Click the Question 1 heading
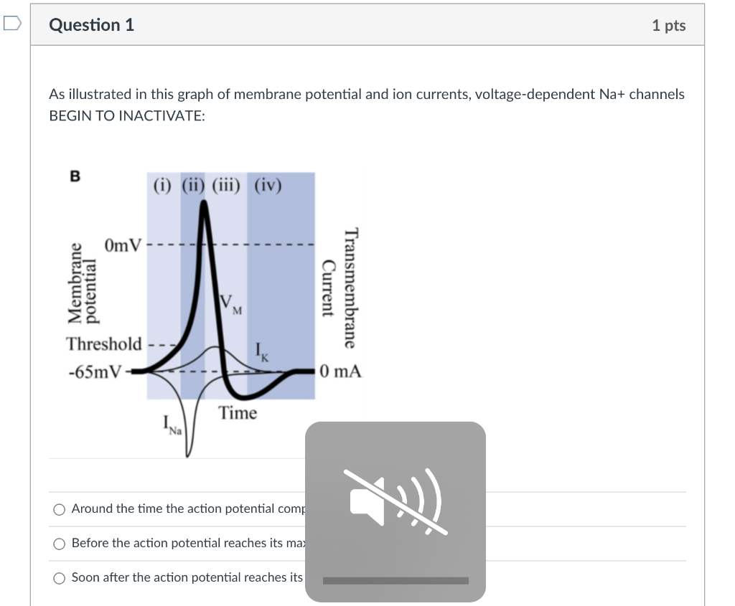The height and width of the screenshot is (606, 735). coord(91,25)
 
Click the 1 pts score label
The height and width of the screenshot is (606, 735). coord(668,26)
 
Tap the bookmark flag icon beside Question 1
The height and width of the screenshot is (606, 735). coord(11,24)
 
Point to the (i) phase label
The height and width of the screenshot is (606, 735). coord(163,186)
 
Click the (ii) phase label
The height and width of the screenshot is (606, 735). coord(192,186)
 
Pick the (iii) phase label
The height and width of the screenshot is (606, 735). coord(225,186)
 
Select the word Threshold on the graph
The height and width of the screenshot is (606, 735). coord(104,344)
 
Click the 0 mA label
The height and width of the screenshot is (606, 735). coord(342,371)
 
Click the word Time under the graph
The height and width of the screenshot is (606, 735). coord(238,413)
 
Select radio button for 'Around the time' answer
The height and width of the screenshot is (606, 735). coord(60,509)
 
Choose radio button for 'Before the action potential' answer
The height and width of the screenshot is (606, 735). coord(60,544)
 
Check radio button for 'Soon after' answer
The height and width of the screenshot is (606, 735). coord(60,578)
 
